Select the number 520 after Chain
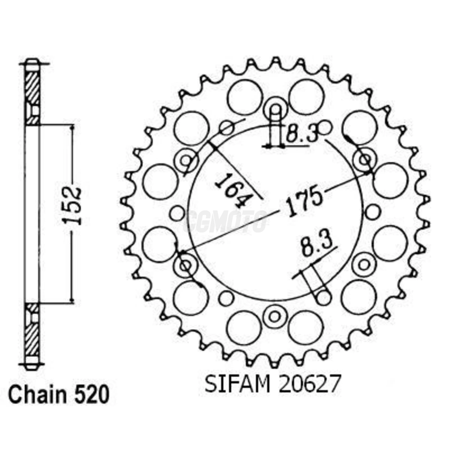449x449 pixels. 92,395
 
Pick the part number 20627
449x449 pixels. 309,384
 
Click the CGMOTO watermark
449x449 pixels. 226,221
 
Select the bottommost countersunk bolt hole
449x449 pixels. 274,316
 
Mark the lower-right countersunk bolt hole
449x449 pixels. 364,265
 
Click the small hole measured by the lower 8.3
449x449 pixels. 324,298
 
